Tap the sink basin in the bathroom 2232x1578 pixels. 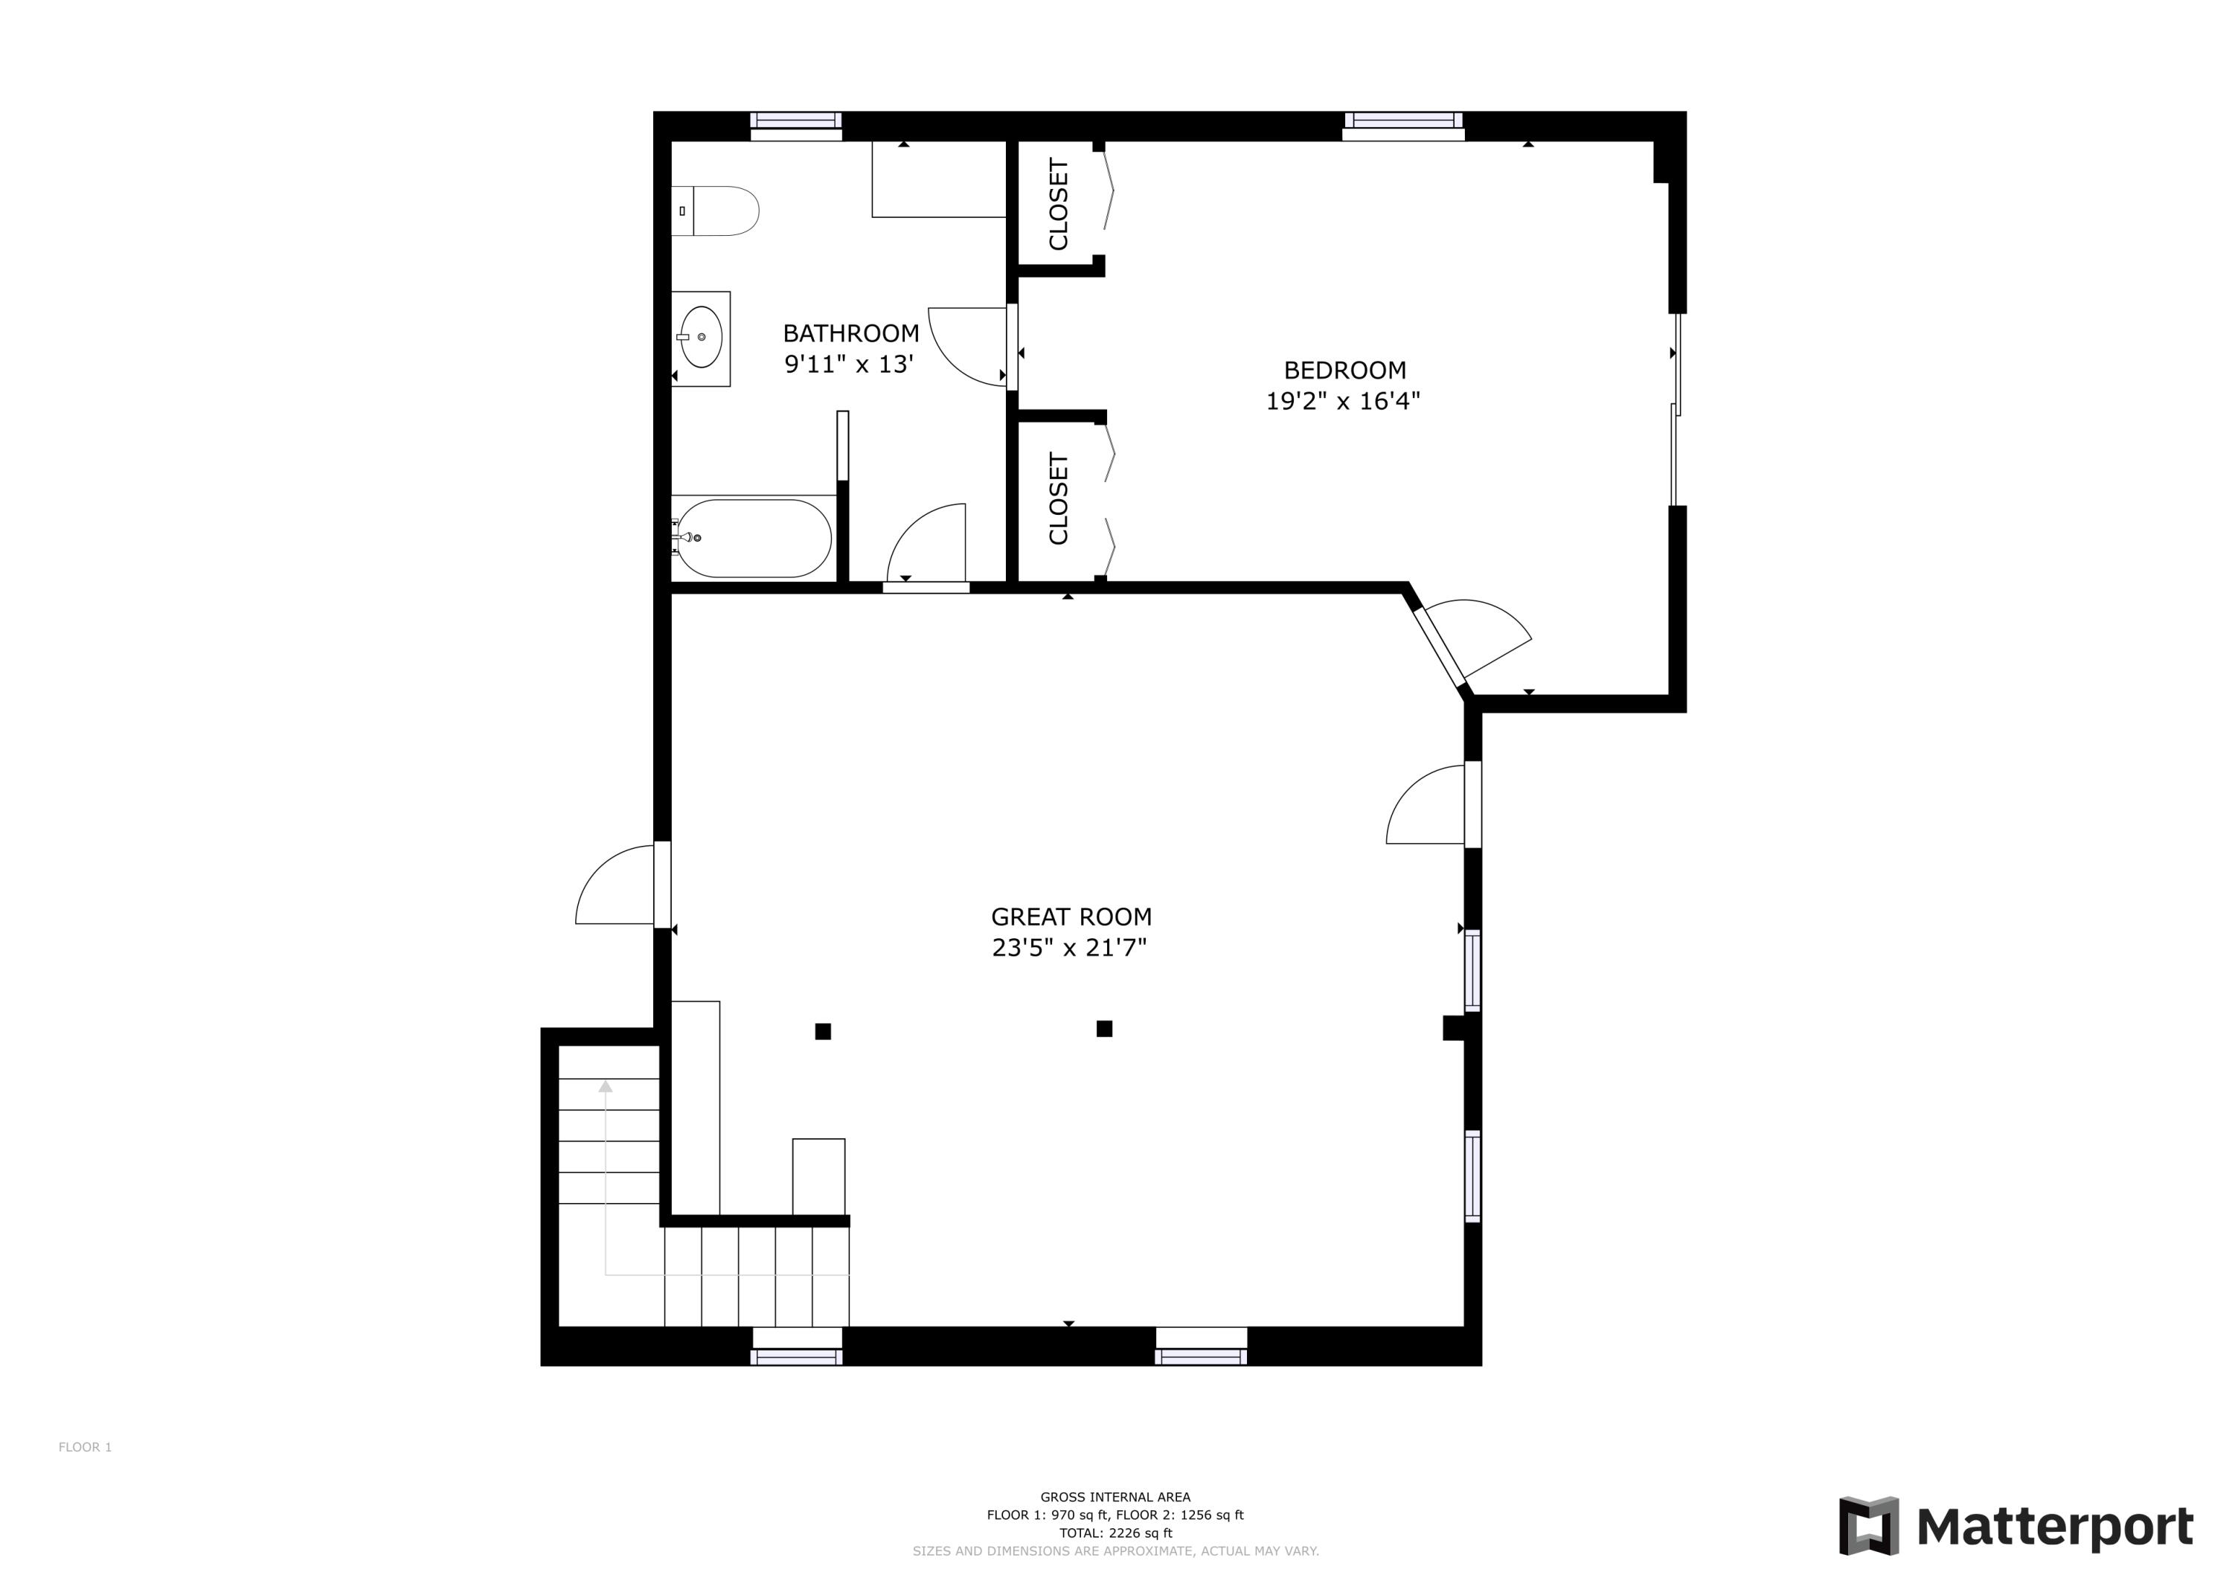(x=701, y=337)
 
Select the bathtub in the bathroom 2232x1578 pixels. (x=754, y=538)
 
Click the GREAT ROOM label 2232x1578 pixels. (x=1071, y=917)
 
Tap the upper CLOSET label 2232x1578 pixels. (x=1059, y=204)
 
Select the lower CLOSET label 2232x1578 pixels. (x=1059, y=498)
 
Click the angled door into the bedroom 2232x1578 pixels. (x=1440, y=647)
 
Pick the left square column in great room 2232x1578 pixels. (x=822, y=1032)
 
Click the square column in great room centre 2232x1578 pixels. (x=1104, y=1029)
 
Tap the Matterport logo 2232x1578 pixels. (x=2016, y=1527)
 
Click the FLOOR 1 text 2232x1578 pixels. (x=86, y=1447)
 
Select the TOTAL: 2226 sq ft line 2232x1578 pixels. (x=1115, y=1533)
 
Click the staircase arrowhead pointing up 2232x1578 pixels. (x=606, y=1087)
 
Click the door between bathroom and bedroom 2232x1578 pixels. (x=1012, y=347)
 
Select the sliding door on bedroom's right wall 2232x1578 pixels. (x=1675, y=409)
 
